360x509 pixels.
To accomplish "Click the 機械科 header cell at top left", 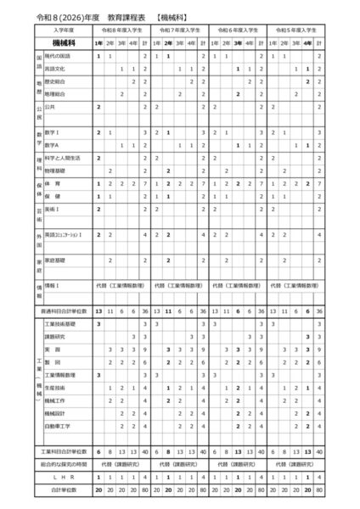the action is click(63, 42).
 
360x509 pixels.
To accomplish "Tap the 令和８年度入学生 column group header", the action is click(122, 29).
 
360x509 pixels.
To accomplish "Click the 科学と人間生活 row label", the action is click(61, 158).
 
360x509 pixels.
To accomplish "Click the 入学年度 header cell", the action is click(63, 29).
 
